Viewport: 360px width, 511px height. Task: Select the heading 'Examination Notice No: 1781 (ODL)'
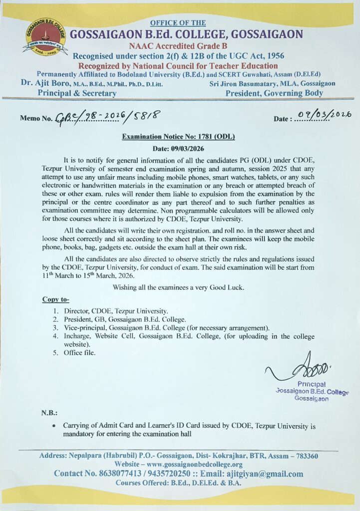tap(178, 137)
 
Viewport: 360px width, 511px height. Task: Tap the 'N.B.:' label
tap(49, 413)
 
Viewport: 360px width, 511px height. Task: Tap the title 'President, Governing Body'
tap(274, 93)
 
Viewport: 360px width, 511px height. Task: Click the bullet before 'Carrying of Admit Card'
tap(54, 427)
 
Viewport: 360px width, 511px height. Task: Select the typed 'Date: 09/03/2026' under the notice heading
tap(178, 149)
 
